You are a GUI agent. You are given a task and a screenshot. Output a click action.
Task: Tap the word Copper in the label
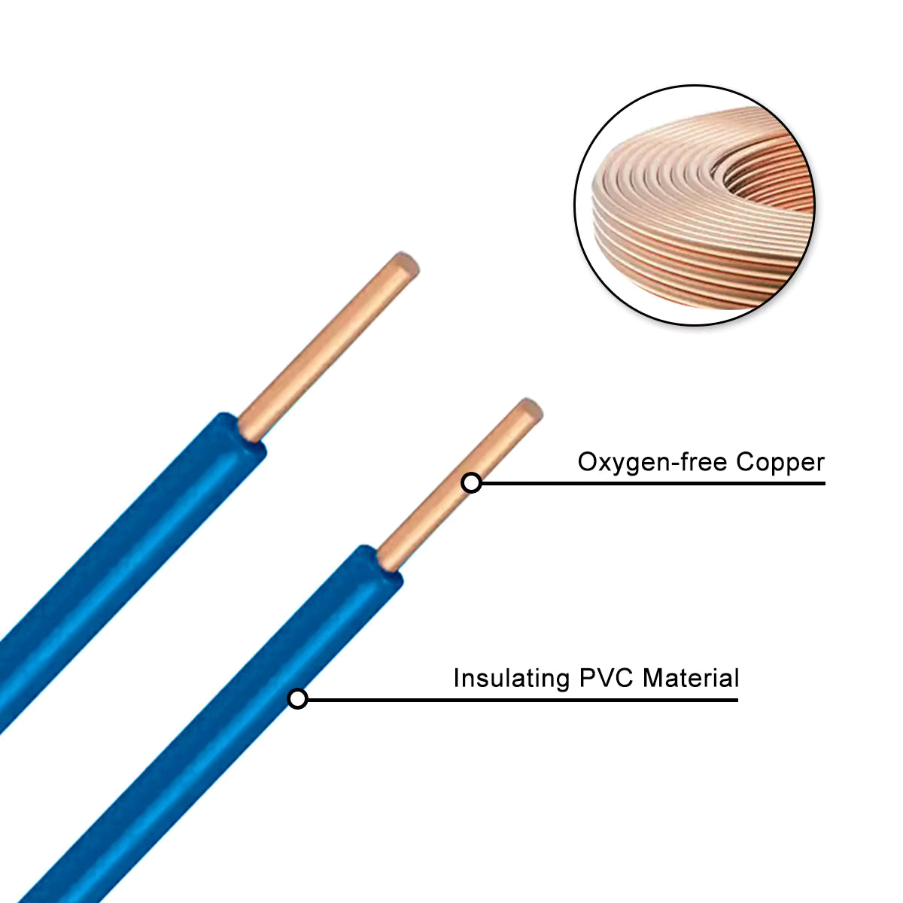(x=780, y=463)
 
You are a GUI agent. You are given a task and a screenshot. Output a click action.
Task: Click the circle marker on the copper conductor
(x=472, y=483)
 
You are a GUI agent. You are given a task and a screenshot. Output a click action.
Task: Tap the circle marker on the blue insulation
(x=298, y=699)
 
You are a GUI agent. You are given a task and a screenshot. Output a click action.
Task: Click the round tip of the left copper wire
(x=404, y=266)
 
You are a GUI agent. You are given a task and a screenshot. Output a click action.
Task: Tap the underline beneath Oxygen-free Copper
(x=655, y=483)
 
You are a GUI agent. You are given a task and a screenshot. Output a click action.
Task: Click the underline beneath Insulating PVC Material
(x=527, y=700)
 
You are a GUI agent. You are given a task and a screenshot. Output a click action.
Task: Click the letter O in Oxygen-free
(x=587, y=461)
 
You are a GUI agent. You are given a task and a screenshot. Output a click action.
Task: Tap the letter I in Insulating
(x=456, y=678)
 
